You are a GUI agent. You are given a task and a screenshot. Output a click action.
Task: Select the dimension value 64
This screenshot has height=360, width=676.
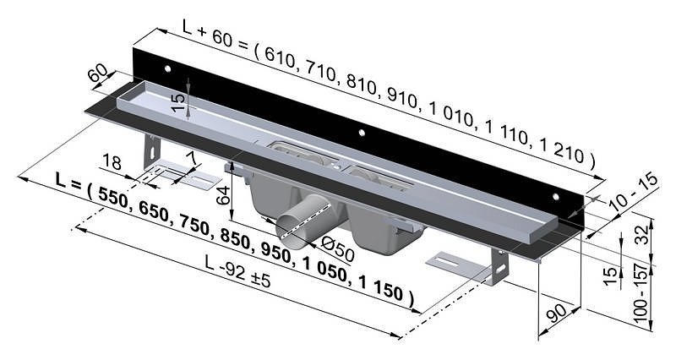(x=222, y=198)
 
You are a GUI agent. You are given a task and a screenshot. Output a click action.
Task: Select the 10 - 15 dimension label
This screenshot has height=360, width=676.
(x=636, y=195)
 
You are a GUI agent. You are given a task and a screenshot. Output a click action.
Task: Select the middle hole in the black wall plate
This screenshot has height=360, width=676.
(x=361, y=133)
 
